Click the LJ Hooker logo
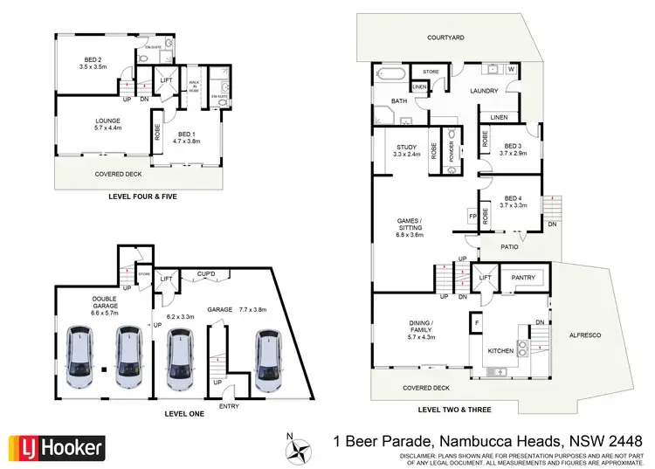pyautogui.click(x=57, y=449)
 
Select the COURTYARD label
pyautogui.click(x=445, y=38)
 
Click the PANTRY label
pyautogui.click(x=523, y=277)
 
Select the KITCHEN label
pyautogui.click(x=500, y=350)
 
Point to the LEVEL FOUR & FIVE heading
pyautogui.click(x=143, y=197)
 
